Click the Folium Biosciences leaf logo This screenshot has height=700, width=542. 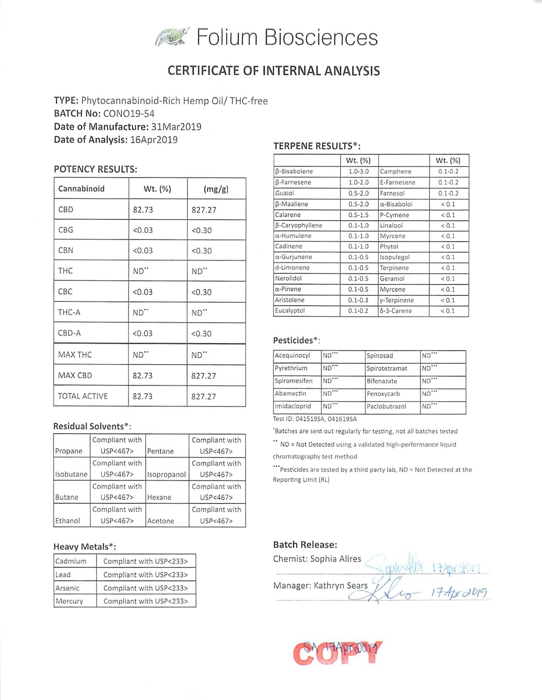pyautogui.click(x=172, y=37)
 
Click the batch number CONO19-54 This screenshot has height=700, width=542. pyautogui.click(x=129, y=114)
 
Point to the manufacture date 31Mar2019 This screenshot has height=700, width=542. pyautogui.click(x=176, y=127)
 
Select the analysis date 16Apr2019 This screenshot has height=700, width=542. pyautogui.click(x=153, y=140)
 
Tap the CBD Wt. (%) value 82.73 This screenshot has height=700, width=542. pyautogui.click(x=143, y=210)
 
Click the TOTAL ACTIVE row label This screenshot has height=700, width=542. pyautogui.click(x=83, y=396)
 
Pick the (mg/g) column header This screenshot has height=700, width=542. pyautogui.click(x=216, y=189)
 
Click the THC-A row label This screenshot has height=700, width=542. pyautogui.click(x=69, y=312)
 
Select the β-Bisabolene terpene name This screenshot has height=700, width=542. pyautogui.click(x=294, y=171)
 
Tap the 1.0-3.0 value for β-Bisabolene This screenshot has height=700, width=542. pyautogui.click(x=358, y=171)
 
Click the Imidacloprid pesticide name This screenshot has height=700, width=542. pyautogui.click(x=293, y=406)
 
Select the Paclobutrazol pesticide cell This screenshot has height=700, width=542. pyautogui.click(x=386, y=406)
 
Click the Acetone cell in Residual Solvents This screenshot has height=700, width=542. pyautogui.click(x=161, y=521)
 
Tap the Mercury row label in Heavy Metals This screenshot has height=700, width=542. pyautogui.click(x=69, y=601)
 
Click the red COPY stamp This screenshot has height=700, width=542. pyautogui.click(x=337, y=653)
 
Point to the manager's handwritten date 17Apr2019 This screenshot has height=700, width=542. pyautogui.click(x=459, y=593)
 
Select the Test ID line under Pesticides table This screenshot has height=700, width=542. pyautogui.click(x=314, y=419)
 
